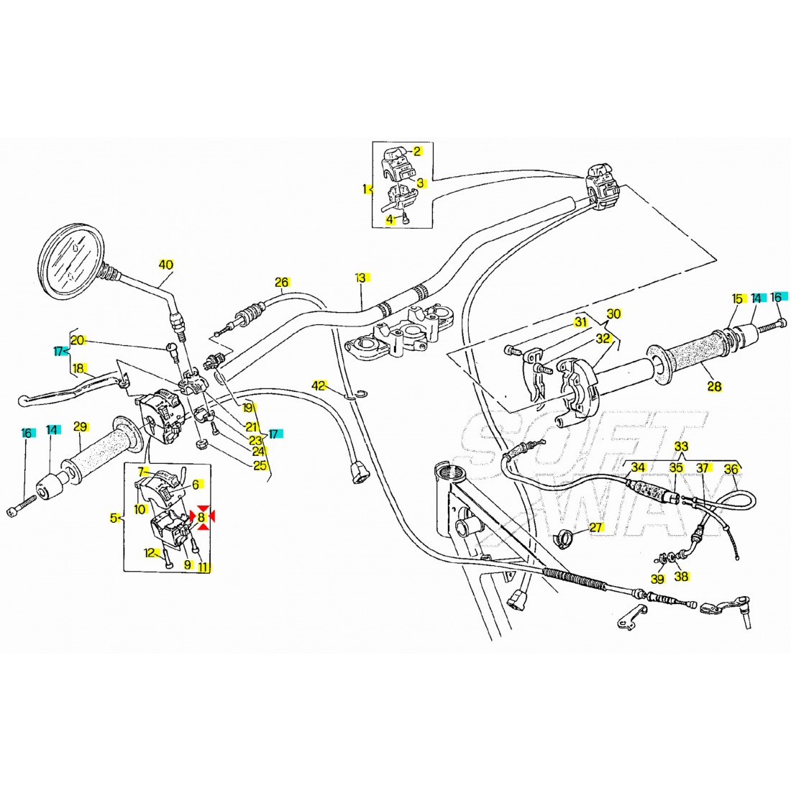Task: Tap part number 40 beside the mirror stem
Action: (166, 265)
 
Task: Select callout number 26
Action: (281, 283)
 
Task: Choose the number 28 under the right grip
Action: (714, 388)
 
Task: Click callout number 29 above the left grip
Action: (81, 428)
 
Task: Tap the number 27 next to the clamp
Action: (595, 527)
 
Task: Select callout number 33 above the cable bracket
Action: (681, 447)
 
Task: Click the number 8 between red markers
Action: (201, 516)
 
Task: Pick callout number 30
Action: (613, 314)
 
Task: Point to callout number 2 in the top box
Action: (416, 151)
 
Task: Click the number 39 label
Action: (657, 579)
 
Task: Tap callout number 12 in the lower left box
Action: (150, 553)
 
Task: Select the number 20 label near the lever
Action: (78, 341)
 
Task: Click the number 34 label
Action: (638, 467)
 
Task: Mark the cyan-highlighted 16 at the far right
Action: (776, 297)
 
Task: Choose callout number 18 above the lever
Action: (78, 367)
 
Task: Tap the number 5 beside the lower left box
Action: (114, 517)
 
